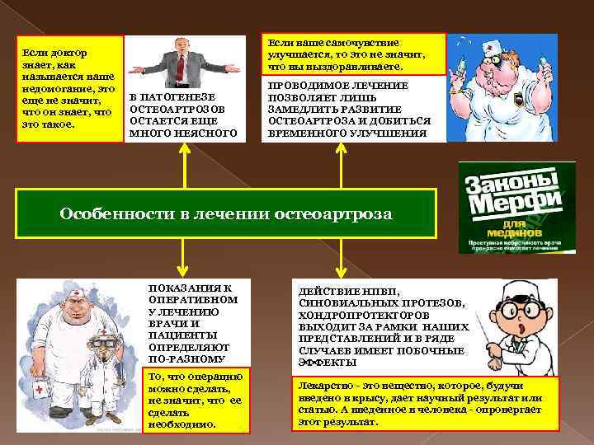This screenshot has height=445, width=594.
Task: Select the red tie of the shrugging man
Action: point(183,66)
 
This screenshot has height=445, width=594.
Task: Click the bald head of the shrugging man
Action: point(183,44)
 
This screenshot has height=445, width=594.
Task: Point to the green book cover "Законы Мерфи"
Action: point(506,207)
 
